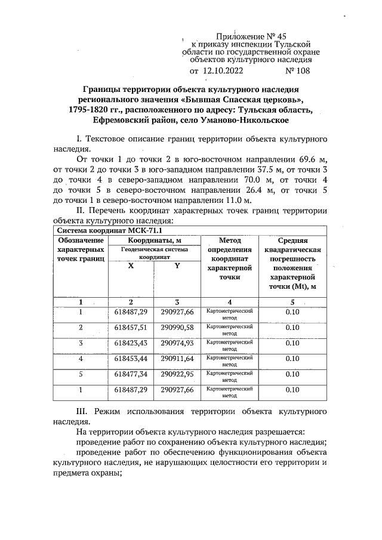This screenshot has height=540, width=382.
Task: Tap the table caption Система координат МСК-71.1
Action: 105,230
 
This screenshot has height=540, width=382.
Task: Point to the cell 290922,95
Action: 177,374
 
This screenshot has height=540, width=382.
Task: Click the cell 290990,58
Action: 177,328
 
